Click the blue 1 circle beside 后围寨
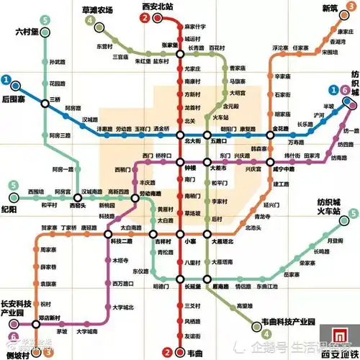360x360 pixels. (x=6, y=80)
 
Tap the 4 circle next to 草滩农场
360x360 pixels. (x=90, y=21)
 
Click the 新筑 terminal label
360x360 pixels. (x=329, y=9)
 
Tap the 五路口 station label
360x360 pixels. (x=219, y=142)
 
